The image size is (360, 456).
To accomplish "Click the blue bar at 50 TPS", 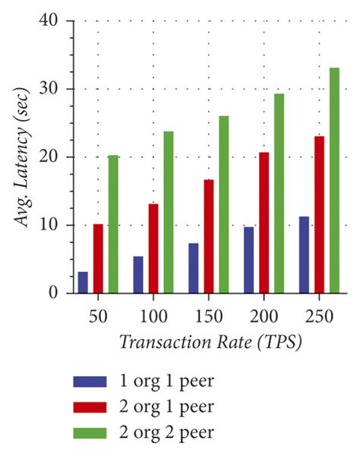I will (x=83, y=282).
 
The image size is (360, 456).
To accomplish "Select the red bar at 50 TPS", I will (x=98, y=258).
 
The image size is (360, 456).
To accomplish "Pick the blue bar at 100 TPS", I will (x=138, y=274).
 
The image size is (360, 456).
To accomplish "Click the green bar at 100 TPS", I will (x=169, y=212).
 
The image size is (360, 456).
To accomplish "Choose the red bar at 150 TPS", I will (x=208, y=236).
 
